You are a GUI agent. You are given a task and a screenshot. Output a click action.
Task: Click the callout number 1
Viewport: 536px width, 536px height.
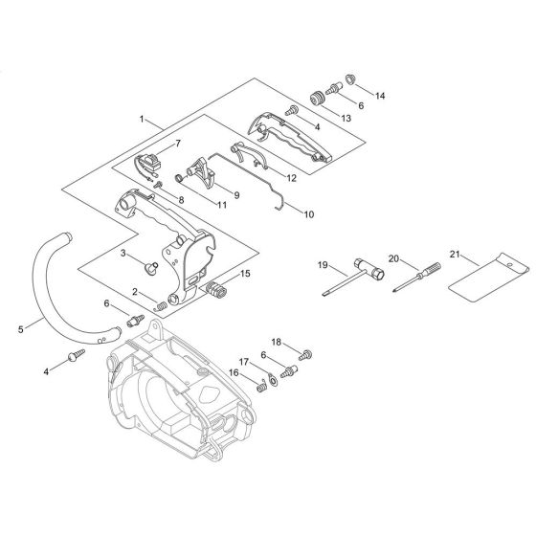coord(143,121)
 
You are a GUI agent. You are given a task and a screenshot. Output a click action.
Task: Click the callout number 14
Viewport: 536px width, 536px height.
coord(381,96)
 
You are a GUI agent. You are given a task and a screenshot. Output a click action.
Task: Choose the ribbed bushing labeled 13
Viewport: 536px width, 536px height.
coord(313,97)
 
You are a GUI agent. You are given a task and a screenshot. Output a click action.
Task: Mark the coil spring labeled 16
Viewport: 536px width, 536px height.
coord(257,383)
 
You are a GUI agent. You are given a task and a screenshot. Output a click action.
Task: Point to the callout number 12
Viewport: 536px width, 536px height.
coord(291,178)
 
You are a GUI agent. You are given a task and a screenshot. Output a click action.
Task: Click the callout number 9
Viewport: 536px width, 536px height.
coord(235,196)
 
